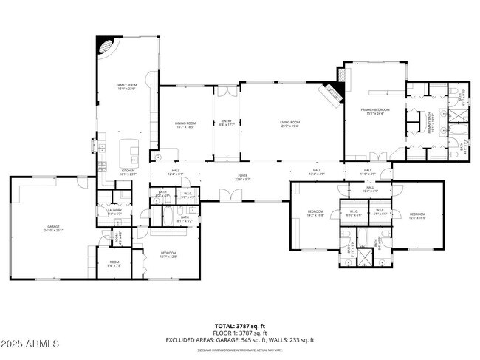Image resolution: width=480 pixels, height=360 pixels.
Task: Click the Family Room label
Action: click(127, 87)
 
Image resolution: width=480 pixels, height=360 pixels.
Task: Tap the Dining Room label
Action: click(185, 124)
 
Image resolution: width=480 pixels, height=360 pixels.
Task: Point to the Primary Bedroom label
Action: click(374, 112)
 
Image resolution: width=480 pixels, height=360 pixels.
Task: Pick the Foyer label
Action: click(243, 177)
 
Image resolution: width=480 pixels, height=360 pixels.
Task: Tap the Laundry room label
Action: click(114, 212)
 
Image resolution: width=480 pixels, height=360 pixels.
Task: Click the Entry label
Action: click(226, 124)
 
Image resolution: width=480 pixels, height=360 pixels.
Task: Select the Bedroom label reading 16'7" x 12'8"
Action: click(168, 256)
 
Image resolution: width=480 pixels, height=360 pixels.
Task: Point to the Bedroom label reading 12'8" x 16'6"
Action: click(417, 216)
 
